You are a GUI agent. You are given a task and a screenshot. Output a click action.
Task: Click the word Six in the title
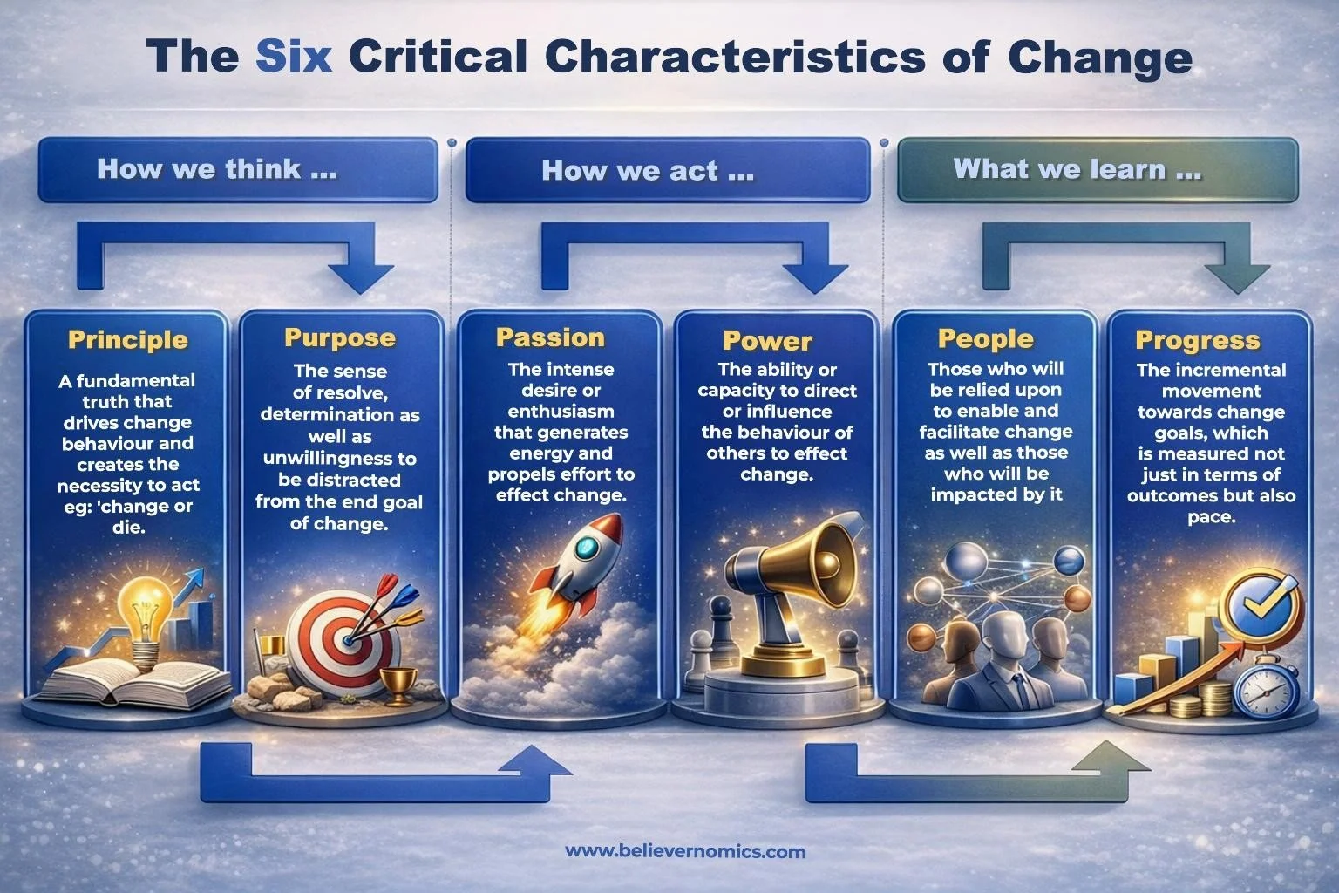point(294,58)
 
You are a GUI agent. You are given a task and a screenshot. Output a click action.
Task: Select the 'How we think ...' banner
point(236,169)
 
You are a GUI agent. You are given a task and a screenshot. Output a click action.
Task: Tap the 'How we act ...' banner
point(667,170)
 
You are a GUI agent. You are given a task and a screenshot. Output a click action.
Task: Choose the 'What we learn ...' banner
point(1097,169)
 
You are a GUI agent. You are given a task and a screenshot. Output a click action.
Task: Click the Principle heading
point(128,339)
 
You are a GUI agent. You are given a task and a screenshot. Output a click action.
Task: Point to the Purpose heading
point(340,337)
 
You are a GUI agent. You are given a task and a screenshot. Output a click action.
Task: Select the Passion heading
point(550,337)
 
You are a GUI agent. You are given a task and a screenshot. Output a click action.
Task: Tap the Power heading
point(767,340)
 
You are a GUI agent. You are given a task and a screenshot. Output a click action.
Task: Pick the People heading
point(985,338)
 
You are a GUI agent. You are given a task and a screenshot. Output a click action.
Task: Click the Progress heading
point(1198,339)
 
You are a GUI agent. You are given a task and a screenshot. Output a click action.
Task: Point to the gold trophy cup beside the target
point(399,679)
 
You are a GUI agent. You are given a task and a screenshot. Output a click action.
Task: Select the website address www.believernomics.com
point(685,851)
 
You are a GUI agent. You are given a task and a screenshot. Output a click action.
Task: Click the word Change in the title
point(1099,58)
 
